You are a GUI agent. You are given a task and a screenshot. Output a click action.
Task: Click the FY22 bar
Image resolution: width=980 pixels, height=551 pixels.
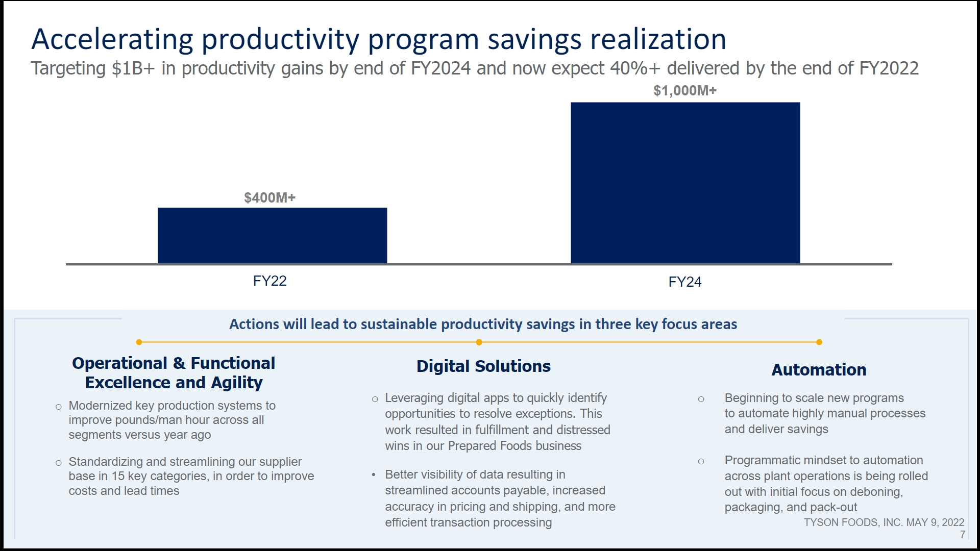point(272,235)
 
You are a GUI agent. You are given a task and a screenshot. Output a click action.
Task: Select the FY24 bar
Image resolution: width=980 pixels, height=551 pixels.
point(685,183)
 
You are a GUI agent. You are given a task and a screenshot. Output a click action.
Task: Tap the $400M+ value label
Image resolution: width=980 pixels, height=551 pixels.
point(269,197)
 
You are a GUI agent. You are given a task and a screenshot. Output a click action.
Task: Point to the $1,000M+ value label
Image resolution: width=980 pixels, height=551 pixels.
point(685,90)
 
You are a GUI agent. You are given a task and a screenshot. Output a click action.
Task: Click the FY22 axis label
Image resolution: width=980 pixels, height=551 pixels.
point(269,281)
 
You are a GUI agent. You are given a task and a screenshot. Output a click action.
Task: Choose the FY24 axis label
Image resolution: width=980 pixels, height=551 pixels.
point(684,282)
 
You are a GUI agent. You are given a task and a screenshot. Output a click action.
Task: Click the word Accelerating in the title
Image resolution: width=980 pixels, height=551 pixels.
point(112,39)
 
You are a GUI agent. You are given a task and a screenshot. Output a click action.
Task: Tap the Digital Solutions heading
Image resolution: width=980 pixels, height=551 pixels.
point(483,366)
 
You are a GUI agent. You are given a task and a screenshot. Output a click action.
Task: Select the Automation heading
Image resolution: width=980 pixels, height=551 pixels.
point(819,370)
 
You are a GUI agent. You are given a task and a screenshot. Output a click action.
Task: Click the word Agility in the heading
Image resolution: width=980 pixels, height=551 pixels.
point(237,383)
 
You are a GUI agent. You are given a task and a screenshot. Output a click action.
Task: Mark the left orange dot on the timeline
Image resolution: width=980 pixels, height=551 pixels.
point(139,342)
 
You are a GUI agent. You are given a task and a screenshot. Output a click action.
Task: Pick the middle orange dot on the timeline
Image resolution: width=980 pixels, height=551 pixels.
point(479,342)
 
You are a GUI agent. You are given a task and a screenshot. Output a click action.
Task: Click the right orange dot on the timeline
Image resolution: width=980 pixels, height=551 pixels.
point(819,342)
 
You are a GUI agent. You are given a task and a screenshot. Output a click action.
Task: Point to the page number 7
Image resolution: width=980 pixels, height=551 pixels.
point(962,535)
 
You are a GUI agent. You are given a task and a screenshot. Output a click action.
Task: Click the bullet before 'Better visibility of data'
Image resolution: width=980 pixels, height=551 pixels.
point(374,475)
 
